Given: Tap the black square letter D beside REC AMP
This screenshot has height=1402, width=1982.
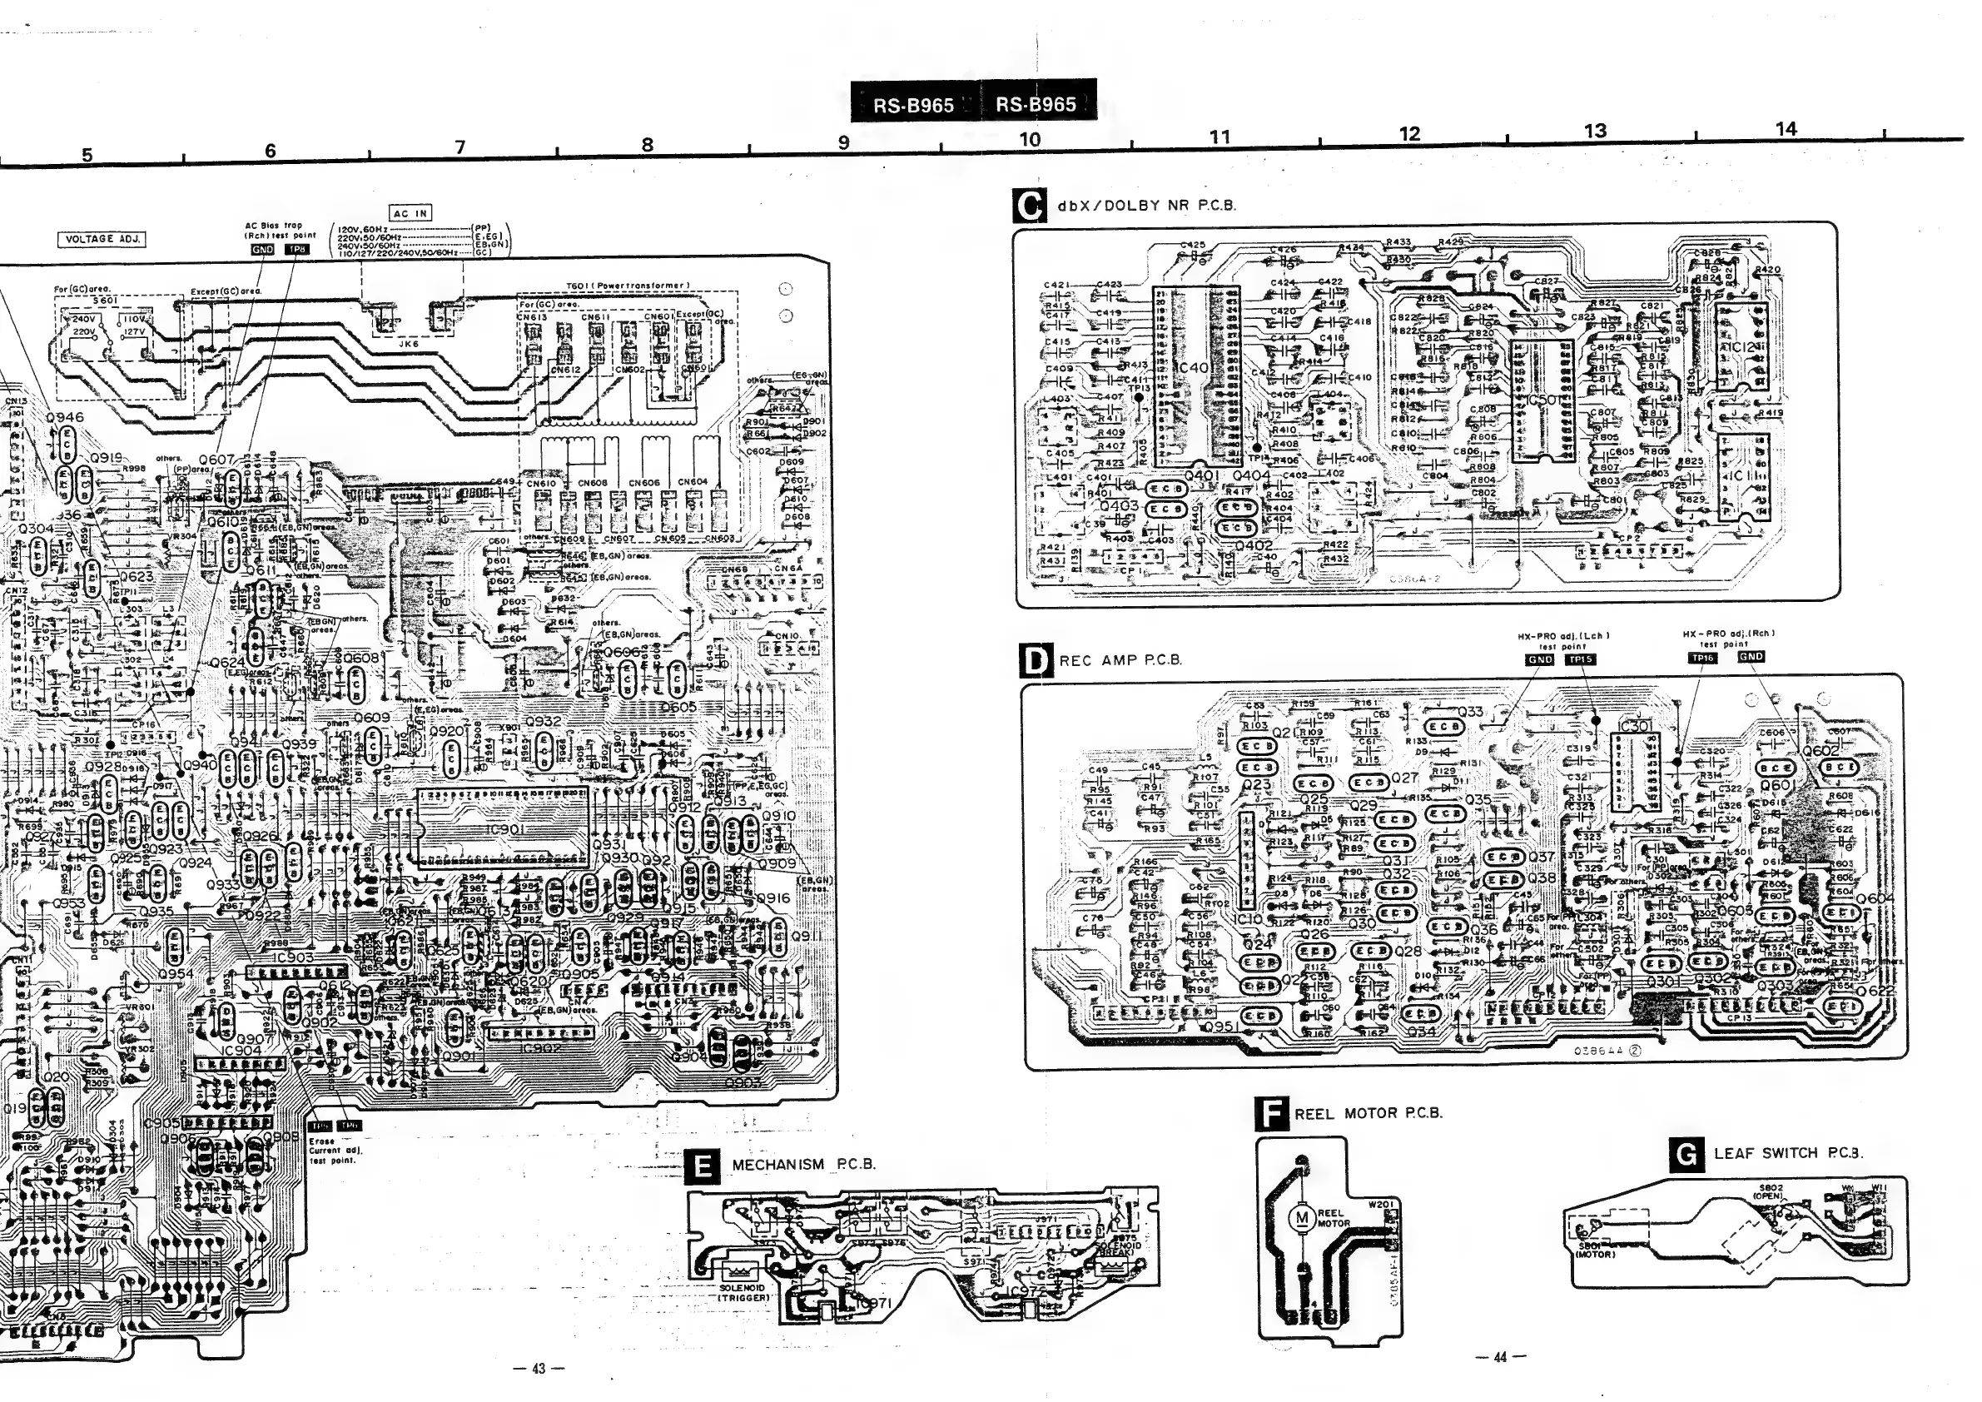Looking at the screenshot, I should (1036, 660).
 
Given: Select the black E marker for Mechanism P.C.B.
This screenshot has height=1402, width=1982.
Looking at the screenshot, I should (703, 1166).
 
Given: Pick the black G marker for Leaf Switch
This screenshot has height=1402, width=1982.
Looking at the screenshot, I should (1687, 1153).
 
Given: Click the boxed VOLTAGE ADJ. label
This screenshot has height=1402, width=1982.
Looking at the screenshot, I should (102, 239).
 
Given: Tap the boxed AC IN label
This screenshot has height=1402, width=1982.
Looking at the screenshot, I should (411, 213).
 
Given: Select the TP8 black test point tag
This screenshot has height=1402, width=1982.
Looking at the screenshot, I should (296, 250).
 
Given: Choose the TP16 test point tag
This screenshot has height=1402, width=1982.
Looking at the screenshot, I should (1702, 658).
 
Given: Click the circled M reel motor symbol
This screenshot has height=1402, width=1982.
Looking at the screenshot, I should (1300, 1218).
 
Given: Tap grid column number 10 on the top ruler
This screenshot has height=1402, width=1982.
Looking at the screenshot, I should (1030, 139).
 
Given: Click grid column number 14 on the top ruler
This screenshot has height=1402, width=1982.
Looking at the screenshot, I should (1786, 130).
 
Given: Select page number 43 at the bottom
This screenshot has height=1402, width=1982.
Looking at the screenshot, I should (539, 1369).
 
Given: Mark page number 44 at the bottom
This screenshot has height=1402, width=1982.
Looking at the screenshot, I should (1499, 1357).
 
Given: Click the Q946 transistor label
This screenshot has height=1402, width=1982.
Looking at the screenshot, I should (65, 418).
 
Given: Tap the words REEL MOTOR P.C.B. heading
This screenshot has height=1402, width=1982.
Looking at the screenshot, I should (1369, 1114).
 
